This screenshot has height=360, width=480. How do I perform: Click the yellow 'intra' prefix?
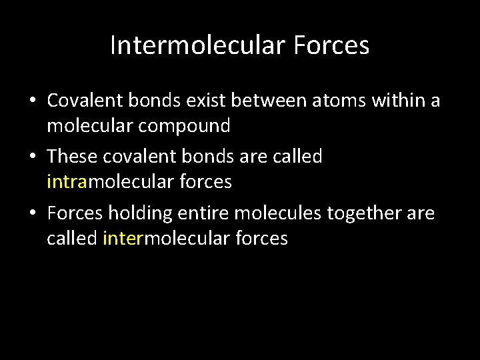click(67, 182)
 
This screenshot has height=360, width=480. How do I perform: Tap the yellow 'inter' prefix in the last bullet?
click(123, 239)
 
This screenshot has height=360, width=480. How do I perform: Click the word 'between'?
click(261, 101)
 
